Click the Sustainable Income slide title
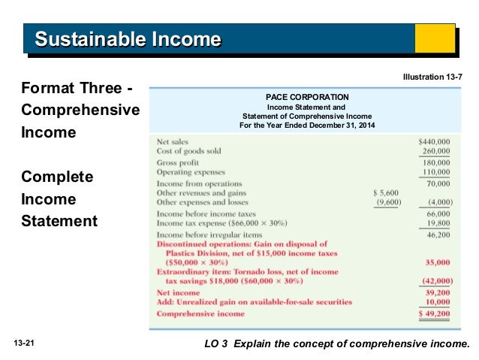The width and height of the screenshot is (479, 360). (128, 38)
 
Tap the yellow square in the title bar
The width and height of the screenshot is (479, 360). (436, 38)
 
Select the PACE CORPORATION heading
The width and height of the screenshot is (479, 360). (307, 97)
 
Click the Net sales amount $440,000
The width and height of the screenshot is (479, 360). (434, 141)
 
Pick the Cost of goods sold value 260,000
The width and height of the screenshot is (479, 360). (436, 151)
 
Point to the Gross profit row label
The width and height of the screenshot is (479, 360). (178, 162)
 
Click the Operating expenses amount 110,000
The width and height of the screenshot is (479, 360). (436, 172)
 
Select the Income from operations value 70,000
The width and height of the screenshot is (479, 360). (438, 183)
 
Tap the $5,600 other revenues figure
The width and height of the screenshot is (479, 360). (387, 192)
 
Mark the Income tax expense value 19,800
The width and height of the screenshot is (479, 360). (438, 223)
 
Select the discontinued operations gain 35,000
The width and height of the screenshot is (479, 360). (438, 263)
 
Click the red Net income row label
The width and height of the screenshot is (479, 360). (178, 292)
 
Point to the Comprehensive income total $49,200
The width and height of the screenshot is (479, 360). (434, 313)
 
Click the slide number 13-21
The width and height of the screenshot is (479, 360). (25, 343)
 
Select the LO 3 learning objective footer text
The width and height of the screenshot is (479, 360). (336, 343)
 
